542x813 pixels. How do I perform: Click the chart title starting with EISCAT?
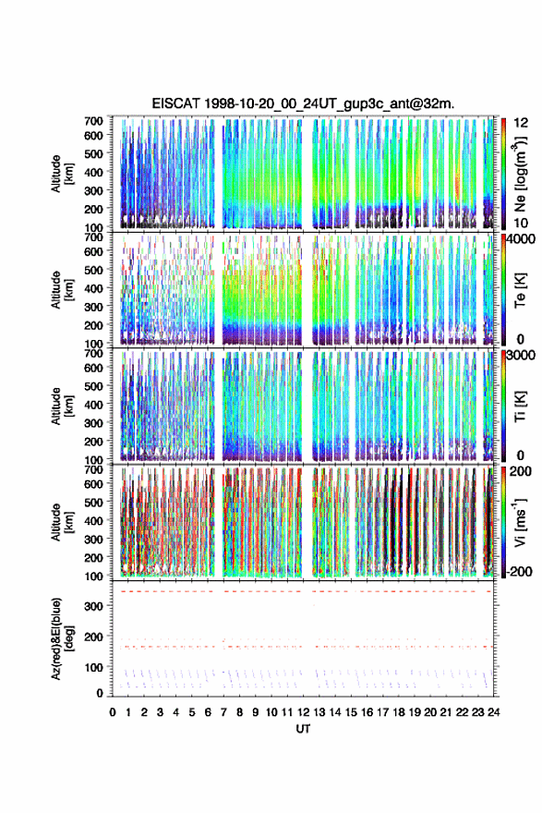[x=303, y=103]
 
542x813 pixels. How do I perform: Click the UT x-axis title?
[x=303, y=729]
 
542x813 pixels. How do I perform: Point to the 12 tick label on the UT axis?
[x=303, y=712]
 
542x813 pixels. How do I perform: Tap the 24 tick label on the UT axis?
[x=493, y=712]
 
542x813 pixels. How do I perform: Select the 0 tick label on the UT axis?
[x=113, y=712]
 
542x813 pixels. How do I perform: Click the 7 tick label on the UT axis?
[x=223, y=712]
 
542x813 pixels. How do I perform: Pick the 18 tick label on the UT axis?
[x=399, y=712]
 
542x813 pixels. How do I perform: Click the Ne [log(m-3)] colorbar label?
[x=520, y=174]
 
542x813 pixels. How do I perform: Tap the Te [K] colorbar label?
[x=520, y=291]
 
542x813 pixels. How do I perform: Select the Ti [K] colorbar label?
[x=520, y=406]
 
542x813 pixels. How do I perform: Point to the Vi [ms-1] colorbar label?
[x=520, y=522]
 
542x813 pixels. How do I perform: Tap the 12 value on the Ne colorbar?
[x=522, y=123]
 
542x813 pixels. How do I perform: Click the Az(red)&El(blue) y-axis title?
[x=61, y=638]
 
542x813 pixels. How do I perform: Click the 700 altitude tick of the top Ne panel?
[x=93, y=121]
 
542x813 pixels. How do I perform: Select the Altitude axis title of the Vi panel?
[x=61, y=522]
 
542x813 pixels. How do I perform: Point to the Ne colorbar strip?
[x=503, y=173]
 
